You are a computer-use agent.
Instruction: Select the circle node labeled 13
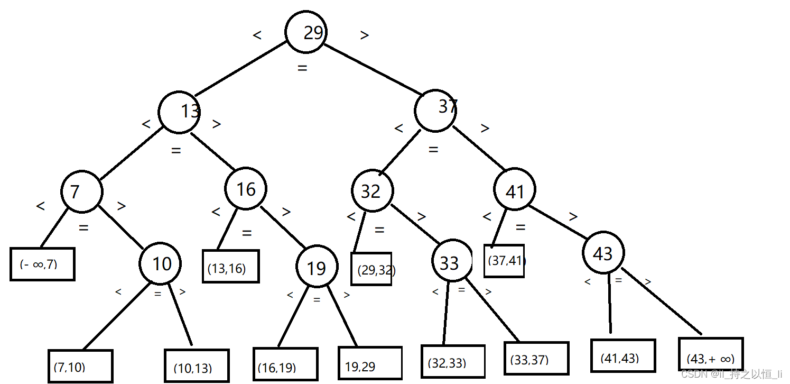pyautogui.click(x=179, y=112)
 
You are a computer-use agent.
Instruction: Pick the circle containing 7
pyautogui.click(x=82, y=191)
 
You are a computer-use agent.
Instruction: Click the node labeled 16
pyautogui.click(x=246, y=189)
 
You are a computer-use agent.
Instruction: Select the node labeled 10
pyautogui.click(x=160, y=263)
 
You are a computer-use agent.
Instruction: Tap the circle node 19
pyautogui.click(x=317, y=268)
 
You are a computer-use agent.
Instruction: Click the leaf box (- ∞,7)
pyautogui.click(x=42, y=263)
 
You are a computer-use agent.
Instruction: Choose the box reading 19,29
pyautogui.click(x=370, y=363)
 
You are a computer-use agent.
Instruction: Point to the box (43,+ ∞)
pyautogui.click(x=711, y=354)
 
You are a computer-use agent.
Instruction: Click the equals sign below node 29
pyautogui.click(x=302, y=68)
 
